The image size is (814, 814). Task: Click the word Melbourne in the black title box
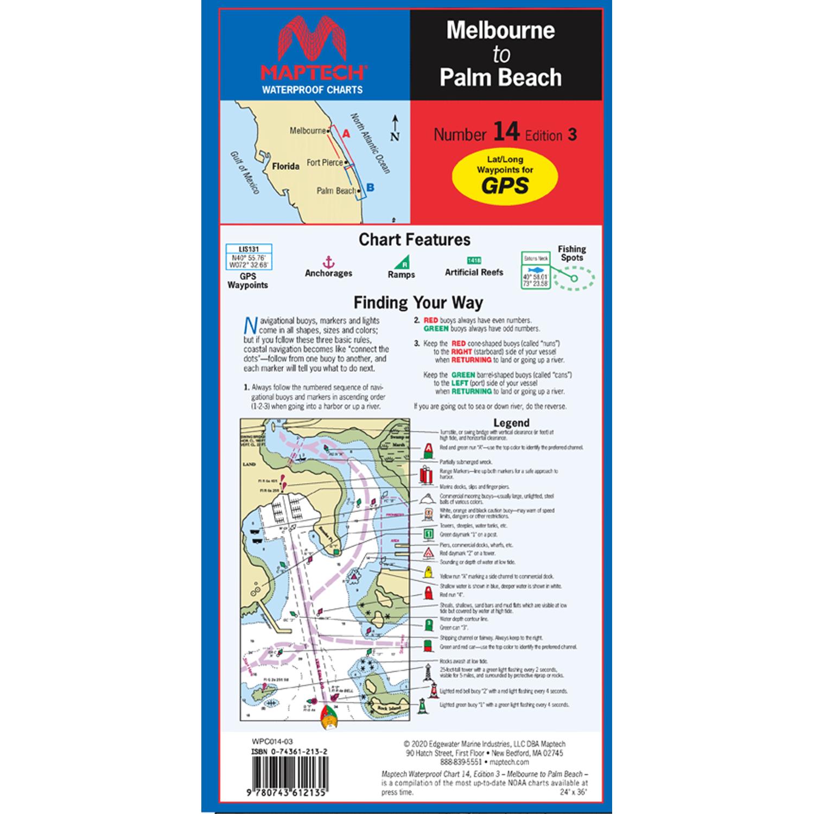pos(500,30)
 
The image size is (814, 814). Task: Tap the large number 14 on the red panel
pos(506,132)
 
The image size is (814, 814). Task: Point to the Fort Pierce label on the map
pos(325,162)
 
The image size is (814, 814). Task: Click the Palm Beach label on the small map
pos(336,190)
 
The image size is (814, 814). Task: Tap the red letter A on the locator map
pos(346,133)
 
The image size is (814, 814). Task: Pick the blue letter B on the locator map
pos(370,188)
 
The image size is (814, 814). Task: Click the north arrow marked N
pos(395,129)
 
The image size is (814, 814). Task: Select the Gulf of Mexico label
pos(244,172)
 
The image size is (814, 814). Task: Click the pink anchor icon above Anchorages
pos(328,262)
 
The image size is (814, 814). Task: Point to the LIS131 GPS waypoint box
pos(248,258)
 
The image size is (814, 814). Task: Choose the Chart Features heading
pos(415,239)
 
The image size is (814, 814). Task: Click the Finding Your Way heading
pos(418,302)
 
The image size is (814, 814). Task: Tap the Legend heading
pos(511,423)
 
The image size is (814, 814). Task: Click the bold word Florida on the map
pos(285,166)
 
